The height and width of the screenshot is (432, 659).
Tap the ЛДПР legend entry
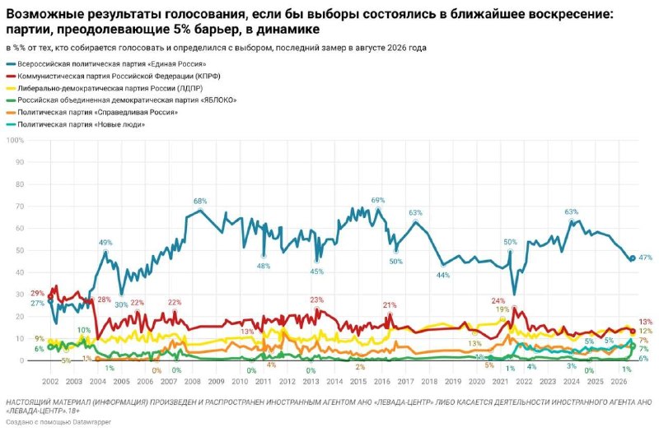(105, 89)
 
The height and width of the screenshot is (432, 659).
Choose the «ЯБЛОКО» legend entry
(122, 100)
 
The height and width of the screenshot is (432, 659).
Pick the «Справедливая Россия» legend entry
(92, 113)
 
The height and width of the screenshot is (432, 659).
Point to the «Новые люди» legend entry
(76, 125)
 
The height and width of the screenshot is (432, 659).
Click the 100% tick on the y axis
(15, 140)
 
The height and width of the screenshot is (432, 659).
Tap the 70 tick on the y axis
(20, 207)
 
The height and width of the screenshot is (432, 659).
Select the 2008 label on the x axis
(193, 382)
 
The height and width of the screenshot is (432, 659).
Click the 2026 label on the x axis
(619, 382)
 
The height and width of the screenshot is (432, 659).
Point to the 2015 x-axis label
(358, 382)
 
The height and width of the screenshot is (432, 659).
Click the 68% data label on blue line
(200, 201)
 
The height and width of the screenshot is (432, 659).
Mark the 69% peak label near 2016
(378, 200)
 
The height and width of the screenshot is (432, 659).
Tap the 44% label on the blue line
(443, 276)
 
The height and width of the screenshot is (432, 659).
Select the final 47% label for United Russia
(645, 258)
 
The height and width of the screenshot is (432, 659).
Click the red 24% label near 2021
(498, 301)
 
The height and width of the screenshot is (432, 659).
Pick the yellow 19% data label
(502, 309)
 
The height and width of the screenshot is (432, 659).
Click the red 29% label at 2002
(37, 293)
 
